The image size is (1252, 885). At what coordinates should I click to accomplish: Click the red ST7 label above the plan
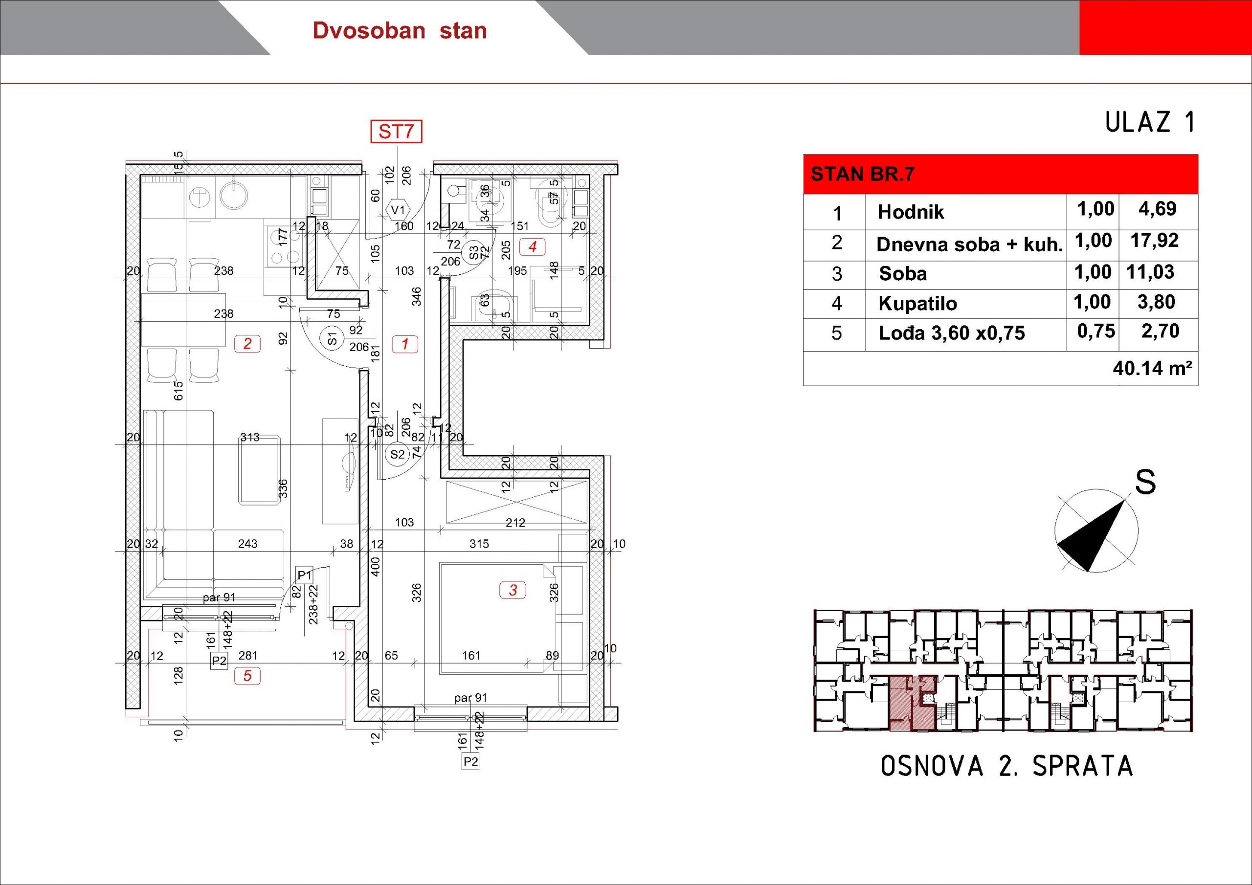[397, 132]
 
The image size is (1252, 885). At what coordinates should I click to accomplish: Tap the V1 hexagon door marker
[398, 210]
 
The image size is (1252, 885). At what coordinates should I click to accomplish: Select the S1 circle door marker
[332, 340]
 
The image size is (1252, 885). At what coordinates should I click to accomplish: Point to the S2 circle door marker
[398, 454]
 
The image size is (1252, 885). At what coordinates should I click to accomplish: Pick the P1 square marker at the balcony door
[304, 575]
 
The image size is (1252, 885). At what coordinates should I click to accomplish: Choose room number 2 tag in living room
[247, 344]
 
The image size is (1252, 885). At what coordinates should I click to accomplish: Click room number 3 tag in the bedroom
[513, 590]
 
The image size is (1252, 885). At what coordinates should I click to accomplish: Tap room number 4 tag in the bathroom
[532, 247]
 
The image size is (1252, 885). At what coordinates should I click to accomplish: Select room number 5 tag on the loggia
[247, 676]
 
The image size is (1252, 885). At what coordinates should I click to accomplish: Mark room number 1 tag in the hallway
[405, 344]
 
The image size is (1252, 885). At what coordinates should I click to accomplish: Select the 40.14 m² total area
[1152, 368]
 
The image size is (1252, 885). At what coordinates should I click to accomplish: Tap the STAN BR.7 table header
[862, 175]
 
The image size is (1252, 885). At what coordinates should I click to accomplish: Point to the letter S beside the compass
[1145, 482]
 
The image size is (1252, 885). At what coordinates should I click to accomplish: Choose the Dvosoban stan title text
[400, 30]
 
